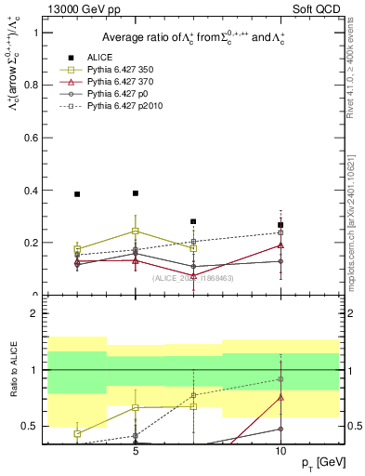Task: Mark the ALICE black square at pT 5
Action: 136,193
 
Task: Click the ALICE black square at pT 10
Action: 280,225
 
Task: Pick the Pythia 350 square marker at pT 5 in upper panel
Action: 136,231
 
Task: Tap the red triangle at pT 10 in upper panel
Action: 280,245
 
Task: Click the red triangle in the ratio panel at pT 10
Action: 280,397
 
